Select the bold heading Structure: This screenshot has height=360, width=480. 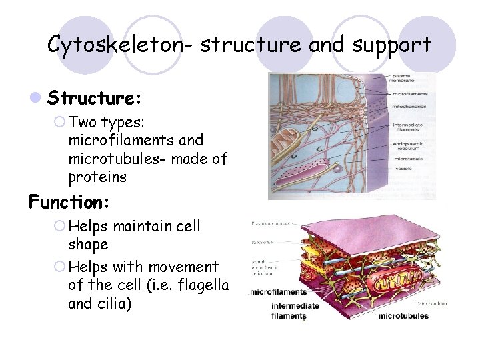click(94, 99)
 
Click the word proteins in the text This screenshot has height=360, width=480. click(97, 178)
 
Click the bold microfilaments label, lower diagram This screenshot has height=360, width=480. click(279, 291)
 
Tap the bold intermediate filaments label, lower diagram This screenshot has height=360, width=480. click(295, 310)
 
